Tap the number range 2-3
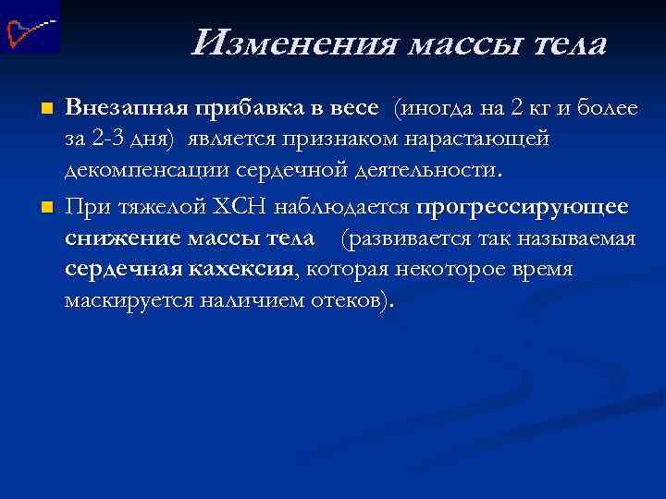[x=117, y=140]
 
